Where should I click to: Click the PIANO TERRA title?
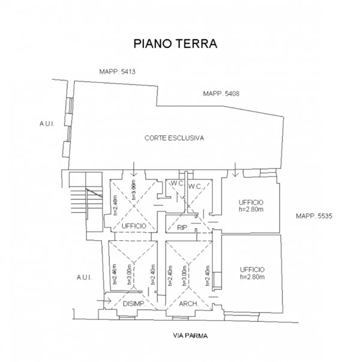tap(174, 44)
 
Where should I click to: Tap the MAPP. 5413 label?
tap(118, 72)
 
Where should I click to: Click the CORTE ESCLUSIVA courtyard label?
tap(175, 137)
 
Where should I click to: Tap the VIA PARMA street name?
tap(190, 336)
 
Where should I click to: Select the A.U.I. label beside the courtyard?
tap(47, 124)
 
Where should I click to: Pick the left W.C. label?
tap(176, 183)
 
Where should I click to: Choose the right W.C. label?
tap(195, 187)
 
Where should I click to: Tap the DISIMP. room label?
tap(133, 304)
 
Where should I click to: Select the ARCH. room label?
tap(189, 304)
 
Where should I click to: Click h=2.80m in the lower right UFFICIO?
tap(251, 277)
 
